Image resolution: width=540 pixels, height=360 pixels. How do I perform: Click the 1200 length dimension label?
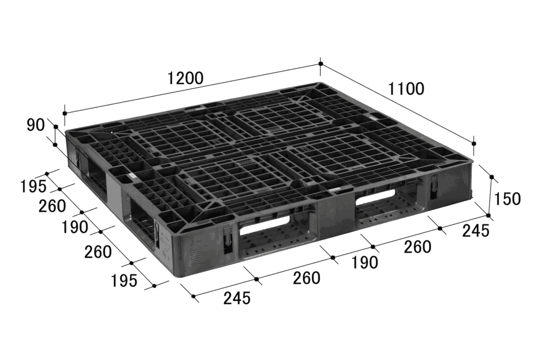[x=185, y=78]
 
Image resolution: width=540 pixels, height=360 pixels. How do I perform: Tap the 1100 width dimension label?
[x=406, y=89]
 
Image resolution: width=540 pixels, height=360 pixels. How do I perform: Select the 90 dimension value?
[x=35, y=125]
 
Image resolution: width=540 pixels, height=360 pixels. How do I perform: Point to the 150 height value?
[x=507, y=199]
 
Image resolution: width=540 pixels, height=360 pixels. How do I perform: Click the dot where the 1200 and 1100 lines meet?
[x=321, y=64]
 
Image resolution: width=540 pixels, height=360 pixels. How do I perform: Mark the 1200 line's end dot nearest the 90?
[x=64, y=113]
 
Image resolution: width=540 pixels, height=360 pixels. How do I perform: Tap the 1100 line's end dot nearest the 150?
[x=474, y=143]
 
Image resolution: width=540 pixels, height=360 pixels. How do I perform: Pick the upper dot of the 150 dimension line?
[x=492, y=177]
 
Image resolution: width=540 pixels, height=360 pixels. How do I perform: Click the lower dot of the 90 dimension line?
[x=55, y=145]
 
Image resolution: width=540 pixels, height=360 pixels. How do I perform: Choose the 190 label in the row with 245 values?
[x=364, y=263]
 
